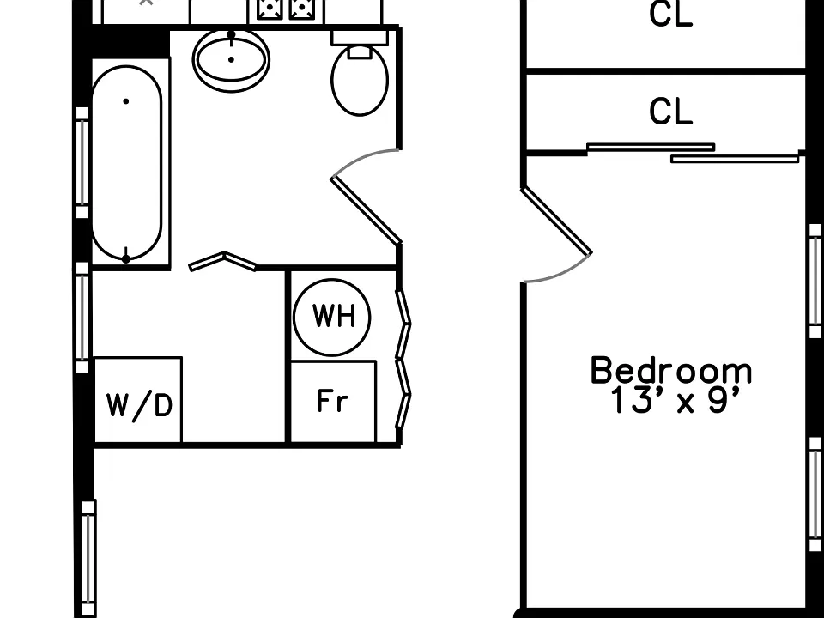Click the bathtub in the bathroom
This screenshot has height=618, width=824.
(x=127, y=163)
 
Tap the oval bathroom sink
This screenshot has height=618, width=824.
(x=231, y=59)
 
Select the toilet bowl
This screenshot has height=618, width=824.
(x=360, y=81)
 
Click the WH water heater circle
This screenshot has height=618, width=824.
(x=332, y=317)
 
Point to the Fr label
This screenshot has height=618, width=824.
(x=333, y=401)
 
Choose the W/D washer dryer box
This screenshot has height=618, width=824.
(x=138, y=399)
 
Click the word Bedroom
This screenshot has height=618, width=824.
(x=671, y=371)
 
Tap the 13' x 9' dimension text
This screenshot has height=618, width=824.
(x=676, y=401)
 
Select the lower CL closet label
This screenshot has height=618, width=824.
(x=671, y=112)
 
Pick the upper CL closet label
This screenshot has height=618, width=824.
(x=671, y=14)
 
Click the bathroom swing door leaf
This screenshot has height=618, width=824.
(x=366, y=210)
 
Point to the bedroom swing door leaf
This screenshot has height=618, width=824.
(x=556, y=221)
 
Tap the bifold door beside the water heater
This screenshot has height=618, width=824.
(x=403, y=359)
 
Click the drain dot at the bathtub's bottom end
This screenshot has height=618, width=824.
(x=126, y=258)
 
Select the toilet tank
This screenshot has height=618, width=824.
(x=360, y=38)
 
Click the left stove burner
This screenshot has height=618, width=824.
(x=270, y=9)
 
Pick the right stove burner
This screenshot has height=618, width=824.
(x=302, y=9)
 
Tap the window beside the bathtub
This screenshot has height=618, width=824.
(x=82, y=162)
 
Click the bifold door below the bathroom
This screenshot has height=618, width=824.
(x=223, y=261)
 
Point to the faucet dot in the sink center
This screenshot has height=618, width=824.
(x=231, y=59)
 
